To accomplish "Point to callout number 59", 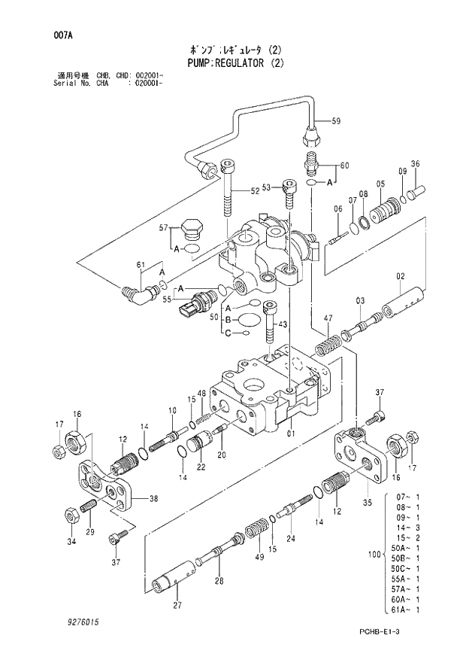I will (336, 121).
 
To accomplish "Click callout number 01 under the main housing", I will (291, 433).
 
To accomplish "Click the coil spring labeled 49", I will (259, 526).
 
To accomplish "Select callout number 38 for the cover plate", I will (153, 499).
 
